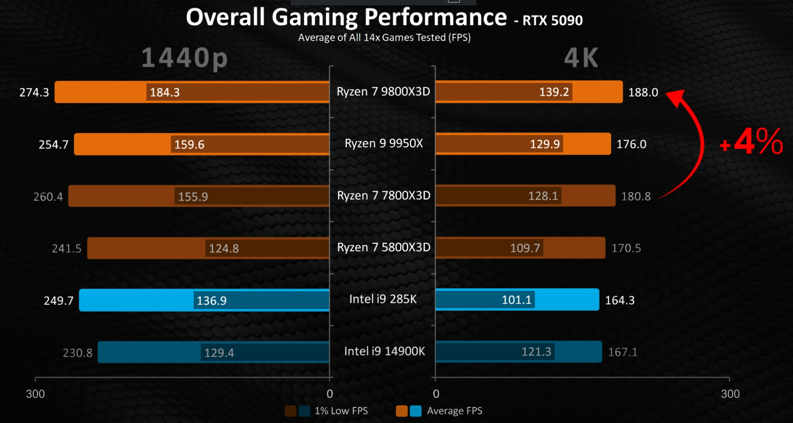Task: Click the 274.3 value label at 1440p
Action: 34,92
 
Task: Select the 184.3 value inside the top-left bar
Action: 165,92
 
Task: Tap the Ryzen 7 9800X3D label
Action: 383,92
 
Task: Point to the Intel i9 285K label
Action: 383,299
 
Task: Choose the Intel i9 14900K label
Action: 384,351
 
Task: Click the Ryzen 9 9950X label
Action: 384,143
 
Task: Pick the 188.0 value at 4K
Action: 643,92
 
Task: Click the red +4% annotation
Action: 751,142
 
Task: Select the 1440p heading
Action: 185,58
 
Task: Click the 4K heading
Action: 581,58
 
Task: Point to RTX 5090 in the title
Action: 553,21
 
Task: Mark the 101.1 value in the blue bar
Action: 516,300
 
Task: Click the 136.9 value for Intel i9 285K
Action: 212,301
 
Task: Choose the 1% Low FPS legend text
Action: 341,411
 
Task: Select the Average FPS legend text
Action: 454,411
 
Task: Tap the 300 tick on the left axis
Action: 35,394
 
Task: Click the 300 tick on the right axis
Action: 730,394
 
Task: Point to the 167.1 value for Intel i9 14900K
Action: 623,352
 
